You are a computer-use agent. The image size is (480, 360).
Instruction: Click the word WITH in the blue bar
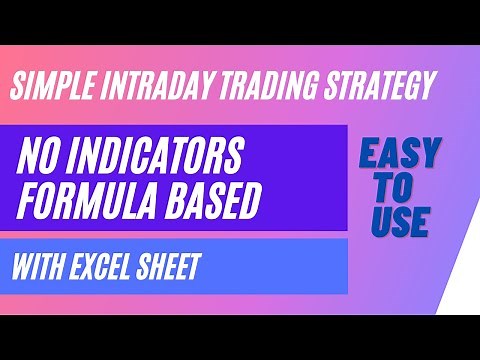[x=38, y=267]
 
